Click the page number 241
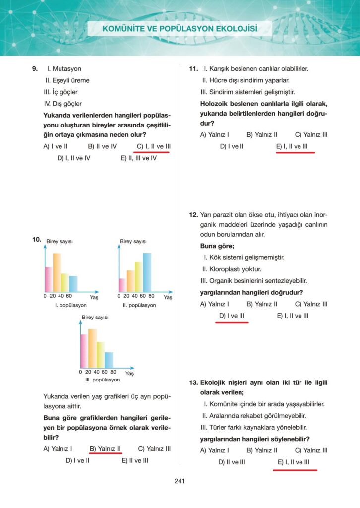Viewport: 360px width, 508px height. click(180, 480)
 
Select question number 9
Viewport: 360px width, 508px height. click(34, 69)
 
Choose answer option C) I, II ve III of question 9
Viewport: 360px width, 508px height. click(153, 146)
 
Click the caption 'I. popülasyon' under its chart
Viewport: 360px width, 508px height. click(71, 305)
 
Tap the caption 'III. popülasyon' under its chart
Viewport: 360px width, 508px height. click(102, 380)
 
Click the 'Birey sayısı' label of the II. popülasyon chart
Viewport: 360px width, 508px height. click(133, 242)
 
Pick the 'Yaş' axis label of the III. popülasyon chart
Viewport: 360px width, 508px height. click(129, 373)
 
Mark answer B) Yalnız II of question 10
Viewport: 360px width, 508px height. click(105, 449)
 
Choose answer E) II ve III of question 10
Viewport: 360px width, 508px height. click(135, 460)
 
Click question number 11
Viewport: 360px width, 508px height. click(194, 69)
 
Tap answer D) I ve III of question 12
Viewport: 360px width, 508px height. click(232, 316)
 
